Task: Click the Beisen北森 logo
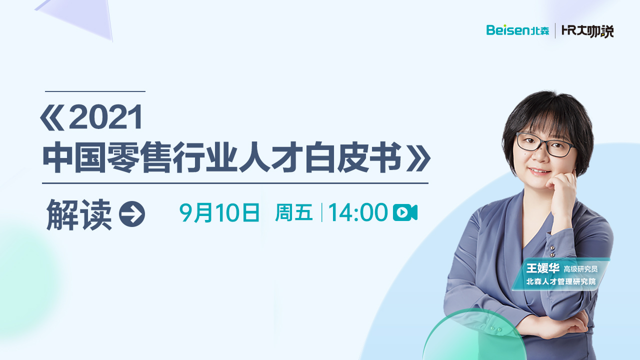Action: [517, 30]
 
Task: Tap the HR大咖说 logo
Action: [587, 31]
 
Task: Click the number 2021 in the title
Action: [105, 117]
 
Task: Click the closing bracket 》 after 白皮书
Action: [418, 157]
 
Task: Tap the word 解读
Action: [79, 214]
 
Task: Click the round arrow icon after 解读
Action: [132, 214]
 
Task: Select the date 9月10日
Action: [219, 212]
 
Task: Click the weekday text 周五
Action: [294, 212]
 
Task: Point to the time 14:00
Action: [358, 212]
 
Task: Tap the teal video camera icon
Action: [405, 212]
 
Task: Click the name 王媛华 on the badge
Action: [543, 268]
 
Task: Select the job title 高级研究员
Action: [580, 269]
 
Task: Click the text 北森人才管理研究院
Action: [561, 281]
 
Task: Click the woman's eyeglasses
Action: [545, 145]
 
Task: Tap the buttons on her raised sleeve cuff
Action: [552, 251]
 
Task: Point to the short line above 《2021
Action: [95, 91]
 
